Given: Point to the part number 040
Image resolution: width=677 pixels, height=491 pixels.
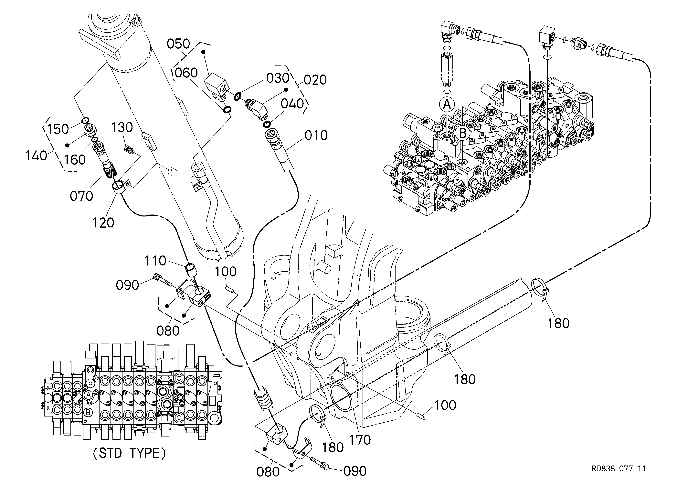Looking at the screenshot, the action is (x=292, y=104).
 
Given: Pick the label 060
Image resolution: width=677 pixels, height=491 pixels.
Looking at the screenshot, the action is (x=186, y=73).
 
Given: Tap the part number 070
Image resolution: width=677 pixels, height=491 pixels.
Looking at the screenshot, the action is (x=81, y=196).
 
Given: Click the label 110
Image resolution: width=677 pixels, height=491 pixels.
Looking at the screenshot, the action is (x=155, y=261).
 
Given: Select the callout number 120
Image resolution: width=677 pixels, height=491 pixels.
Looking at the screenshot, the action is (x=103, y=223).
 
